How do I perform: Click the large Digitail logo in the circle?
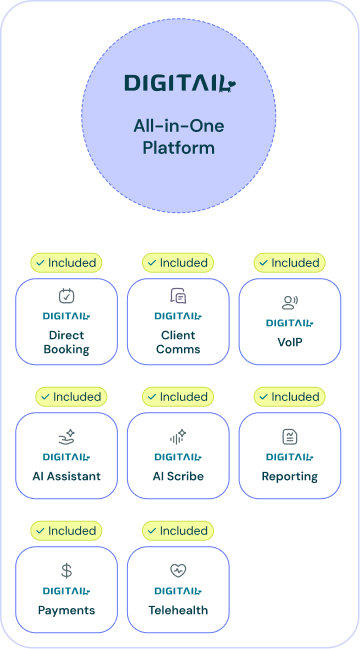point(180,83)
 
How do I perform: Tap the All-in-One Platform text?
point(180,137)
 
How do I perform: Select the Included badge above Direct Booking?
point(66,263)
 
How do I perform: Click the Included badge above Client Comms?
point(177,263)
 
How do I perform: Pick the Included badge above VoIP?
point(289,263)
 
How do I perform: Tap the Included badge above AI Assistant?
point(70,397)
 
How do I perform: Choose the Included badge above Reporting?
point(289,397)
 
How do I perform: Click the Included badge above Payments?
point(66,531)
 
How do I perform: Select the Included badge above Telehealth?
point(177,531)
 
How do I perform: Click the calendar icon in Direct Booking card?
point(66,296)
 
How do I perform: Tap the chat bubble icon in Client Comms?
point(178,296)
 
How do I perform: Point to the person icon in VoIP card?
point(289,303)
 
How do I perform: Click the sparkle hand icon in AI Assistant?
point(66,437)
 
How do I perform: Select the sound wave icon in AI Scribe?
point(178,437)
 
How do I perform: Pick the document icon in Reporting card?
point(289,437)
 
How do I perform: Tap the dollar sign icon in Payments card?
point(66,571)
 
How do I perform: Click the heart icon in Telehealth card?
point(178,571)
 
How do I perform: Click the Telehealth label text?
point(178,610)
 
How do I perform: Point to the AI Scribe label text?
point(178,476)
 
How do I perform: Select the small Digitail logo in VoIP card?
point(289,323)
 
